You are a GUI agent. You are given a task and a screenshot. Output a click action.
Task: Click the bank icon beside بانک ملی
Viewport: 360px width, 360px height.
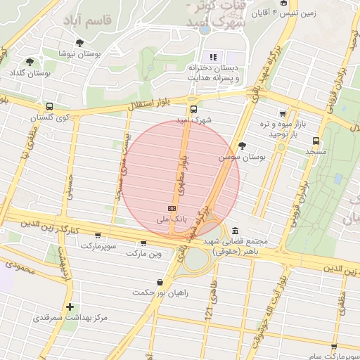click(x=172, y=208)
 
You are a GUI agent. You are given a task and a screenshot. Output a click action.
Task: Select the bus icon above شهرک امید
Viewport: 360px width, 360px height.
click(x=193, y=109)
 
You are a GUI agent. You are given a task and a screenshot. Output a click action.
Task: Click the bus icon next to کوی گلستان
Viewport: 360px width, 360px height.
click(x=49, y=107)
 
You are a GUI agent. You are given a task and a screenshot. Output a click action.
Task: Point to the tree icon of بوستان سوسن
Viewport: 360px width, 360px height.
click(x=243, y=146)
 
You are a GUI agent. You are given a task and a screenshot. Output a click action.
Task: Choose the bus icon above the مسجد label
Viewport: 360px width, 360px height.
click(x=316, y=140)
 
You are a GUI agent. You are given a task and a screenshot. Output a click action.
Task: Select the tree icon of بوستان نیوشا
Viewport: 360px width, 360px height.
click(x=79, y=43)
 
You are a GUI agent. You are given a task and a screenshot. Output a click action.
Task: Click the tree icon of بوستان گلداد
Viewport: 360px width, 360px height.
click(x=29, y=62)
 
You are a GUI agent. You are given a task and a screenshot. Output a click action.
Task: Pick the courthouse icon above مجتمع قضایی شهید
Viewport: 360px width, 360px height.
click(x=233, y=231)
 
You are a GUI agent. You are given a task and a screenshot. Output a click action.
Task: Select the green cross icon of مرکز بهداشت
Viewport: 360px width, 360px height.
click(x=70, y=307)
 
